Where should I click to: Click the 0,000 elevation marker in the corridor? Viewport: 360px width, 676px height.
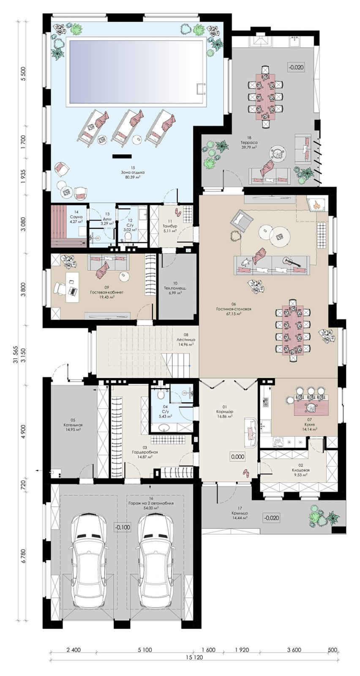237,457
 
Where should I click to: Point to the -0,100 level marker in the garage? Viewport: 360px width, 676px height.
123,527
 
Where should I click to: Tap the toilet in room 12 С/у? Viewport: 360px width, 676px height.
128,237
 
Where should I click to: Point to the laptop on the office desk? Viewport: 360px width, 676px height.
72,291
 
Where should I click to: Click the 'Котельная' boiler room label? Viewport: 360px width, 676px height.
73,425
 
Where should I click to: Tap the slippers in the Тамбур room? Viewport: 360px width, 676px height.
177,212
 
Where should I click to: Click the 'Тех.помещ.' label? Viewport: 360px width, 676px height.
175,288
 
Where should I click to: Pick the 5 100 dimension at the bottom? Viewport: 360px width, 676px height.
145,647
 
